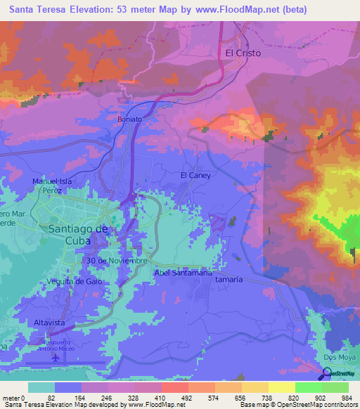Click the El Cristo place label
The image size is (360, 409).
(x=243, y=53)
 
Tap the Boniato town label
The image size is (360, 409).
(x=129, y=119)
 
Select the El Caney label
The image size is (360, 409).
(x=195, y=175)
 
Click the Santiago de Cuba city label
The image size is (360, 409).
(x=78, y=235)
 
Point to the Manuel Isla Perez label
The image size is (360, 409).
(x=53, y=186)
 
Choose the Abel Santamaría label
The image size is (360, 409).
(x=181, y=273)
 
